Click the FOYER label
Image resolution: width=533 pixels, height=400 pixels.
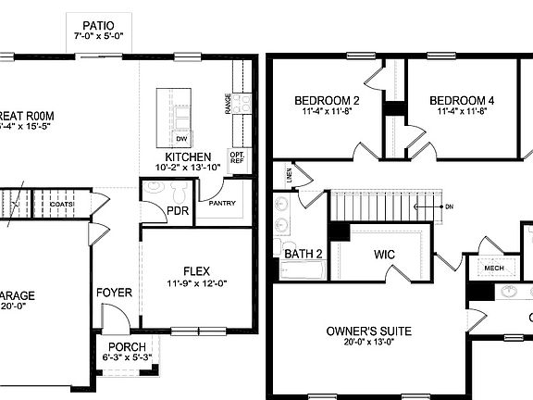tap(114, 293)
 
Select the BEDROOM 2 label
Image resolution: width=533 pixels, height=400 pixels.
tap(328, 100)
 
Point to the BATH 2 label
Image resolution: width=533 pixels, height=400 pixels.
tap(303, 253)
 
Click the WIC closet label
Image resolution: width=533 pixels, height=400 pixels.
tap(385, 253)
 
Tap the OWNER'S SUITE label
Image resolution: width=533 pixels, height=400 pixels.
tap(369, 331)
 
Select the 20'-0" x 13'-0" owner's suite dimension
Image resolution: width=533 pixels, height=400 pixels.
tap(369, 343)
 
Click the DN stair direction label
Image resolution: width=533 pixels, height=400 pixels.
tap(450, 207)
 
